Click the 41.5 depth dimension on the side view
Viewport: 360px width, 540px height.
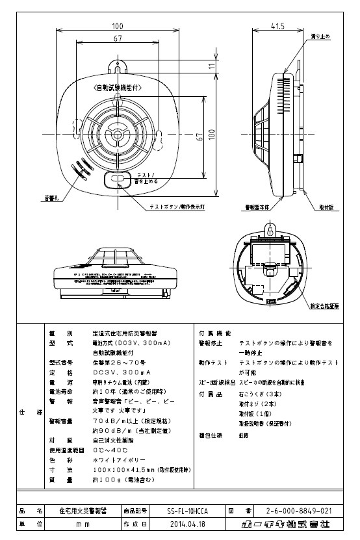(277, 26)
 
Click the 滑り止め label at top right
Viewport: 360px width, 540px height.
(323, 36)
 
